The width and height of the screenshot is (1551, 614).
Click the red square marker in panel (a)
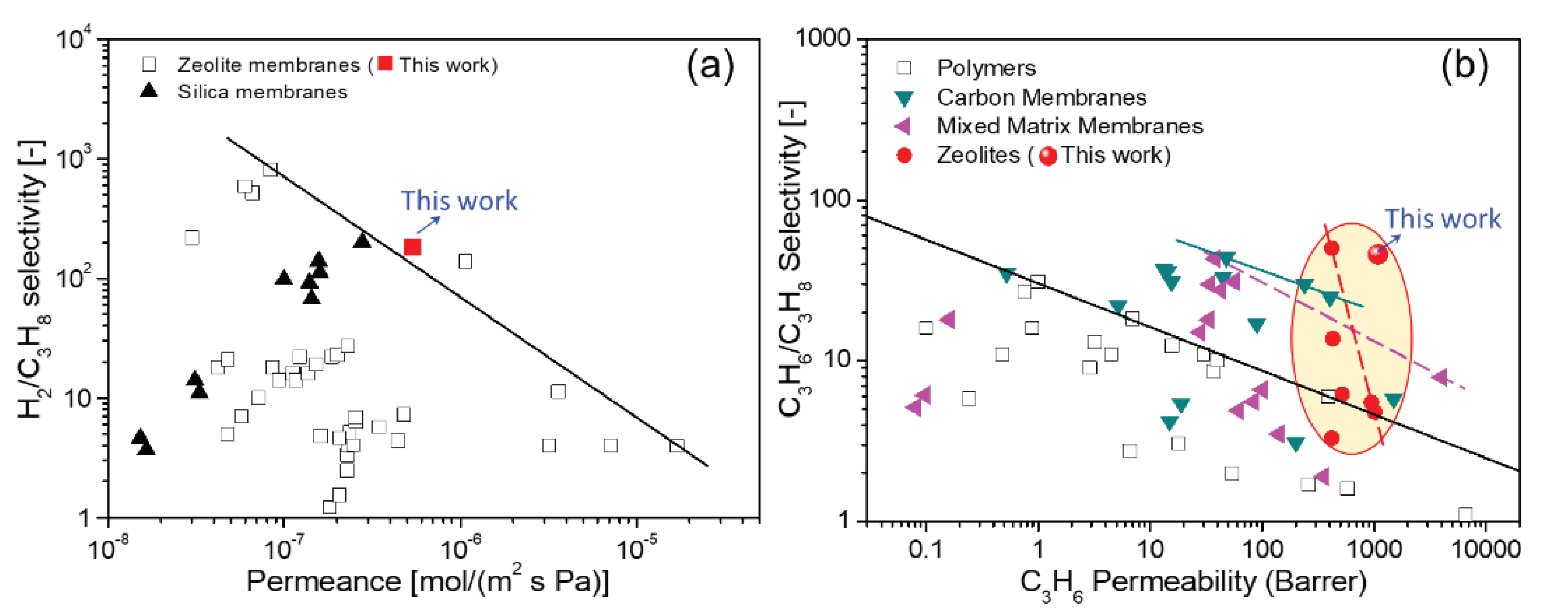(x=412, y=247)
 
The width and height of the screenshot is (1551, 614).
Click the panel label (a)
(x=710, y=65)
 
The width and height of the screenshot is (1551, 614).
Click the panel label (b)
(x=1464, y=65)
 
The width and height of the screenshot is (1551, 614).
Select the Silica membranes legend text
(x=262, y=92)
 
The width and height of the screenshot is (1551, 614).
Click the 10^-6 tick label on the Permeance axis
(x=461, y=548)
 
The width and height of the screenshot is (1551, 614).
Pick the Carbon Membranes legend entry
(x=1041, y=97)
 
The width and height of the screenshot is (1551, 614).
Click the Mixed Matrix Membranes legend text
(x=1069, y=126)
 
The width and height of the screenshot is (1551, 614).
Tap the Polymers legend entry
(x=986, y=68)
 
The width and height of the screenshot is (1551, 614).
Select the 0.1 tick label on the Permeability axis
(x=925, y=549)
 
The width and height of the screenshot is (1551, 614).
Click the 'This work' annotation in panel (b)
(x=1443, y=219)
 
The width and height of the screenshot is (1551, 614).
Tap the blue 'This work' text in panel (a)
(x=459, y=201)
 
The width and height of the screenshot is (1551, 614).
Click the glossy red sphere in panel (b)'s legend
(x=1048, y=156)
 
